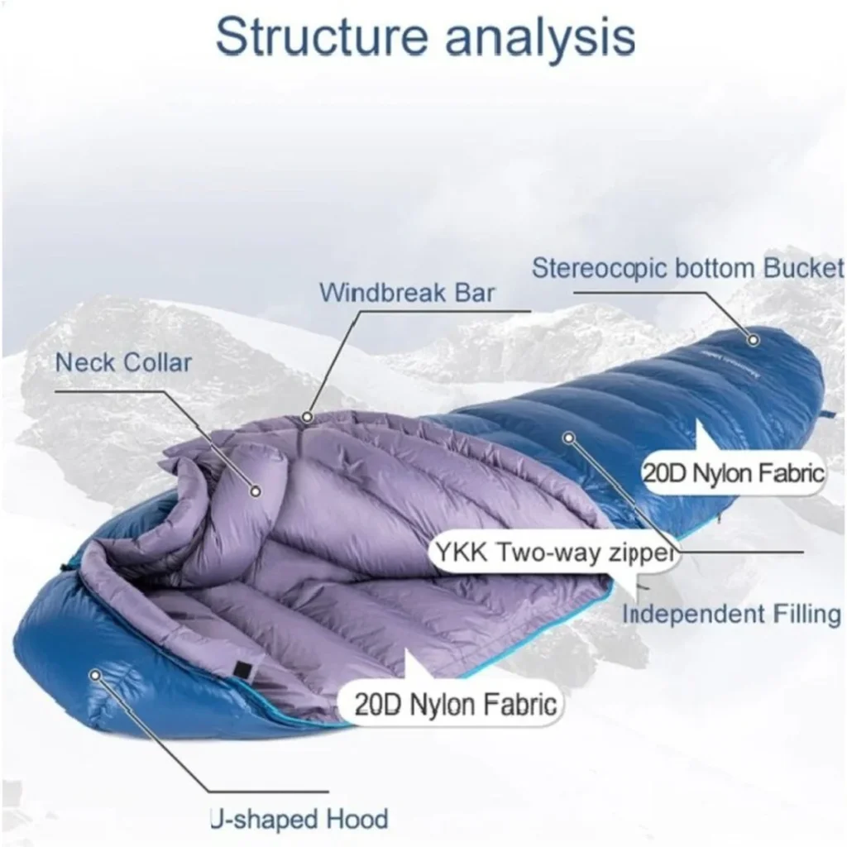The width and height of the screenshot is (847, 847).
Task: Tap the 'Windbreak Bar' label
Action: click(407, 294)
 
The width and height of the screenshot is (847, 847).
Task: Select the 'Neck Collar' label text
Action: click(123, 362)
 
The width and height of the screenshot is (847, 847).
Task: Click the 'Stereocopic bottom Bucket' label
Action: click(687, 269)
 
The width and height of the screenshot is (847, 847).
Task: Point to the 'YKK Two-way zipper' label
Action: click(556, 553)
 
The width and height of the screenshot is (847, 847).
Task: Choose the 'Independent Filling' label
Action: click(731, 615)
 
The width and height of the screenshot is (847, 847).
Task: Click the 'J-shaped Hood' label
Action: click(299, 819)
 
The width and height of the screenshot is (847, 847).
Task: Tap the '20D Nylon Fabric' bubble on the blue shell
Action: click(734, 474)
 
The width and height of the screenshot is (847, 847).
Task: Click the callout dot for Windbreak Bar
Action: click(308, 417)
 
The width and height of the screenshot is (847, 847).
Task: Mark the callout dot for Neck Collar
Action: click(256, 491)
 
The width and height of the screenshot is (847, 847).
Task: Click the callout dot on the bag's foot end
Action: click(754, 340)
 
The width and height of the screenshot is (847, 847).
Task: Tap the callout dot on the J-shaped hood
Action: click(96, 675)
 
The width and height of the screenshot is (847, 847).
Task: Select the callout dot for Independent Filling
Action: click(568, 438)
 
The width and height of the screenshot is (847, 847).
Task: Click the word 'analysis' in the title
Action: click(540, 39)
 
